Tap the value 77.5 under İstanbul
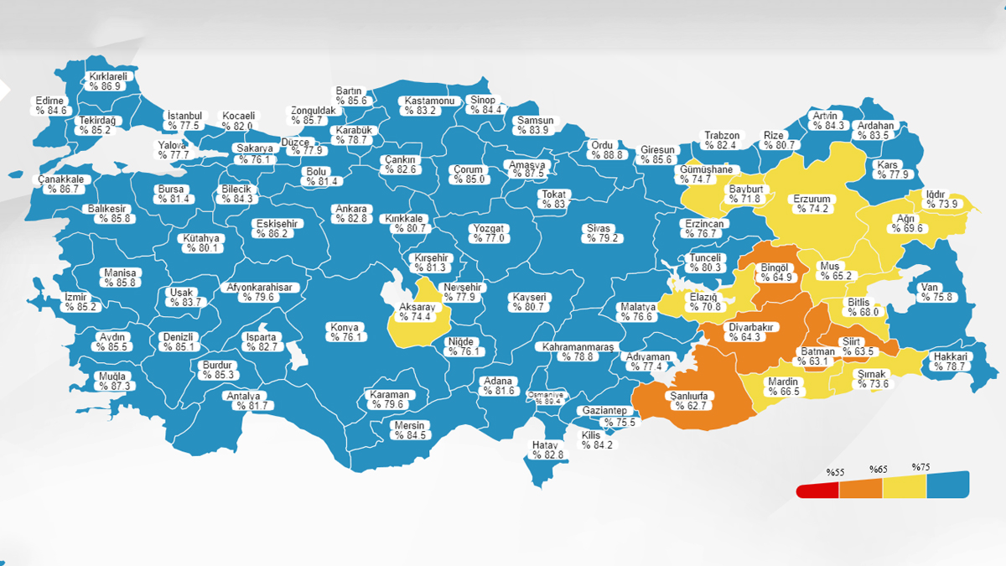point(184,126)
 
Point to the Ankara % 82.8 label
point(351,214)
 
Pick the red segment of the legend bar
point(815,491)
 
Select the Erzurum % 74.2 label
point(813,204)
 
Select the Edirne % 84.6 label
point(50,106)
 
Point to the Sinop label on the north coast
point(485,105)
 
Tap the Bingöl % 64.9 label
point(775,273)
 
